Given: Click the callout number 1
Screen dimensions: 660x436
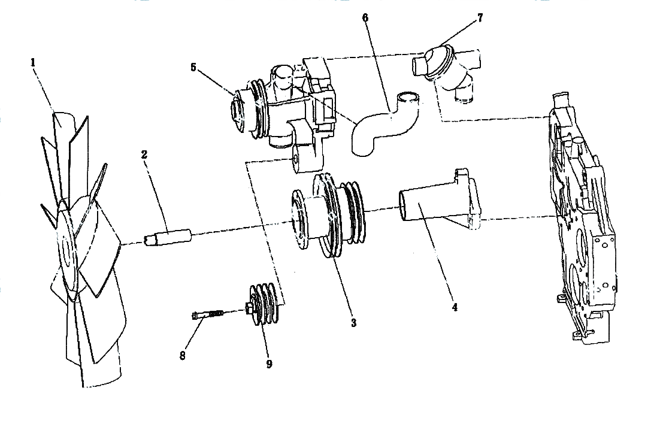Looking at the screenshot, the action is point(33,63).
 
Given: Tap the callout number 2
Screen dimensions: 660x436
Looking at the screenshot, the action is point(144,155).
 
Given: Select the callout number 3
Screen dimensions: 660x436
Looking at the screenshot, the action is point(353,323).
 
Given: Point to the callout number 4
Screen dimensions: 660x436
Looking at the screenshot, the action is point(455,307).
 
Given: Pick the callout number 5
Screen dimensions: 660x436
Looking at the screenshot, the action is point(193,67).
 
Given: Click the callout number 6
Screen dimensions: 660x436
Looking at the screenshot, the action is point(365,18).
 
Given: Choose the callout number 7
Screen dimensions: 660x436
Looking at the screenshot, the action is point(480,18).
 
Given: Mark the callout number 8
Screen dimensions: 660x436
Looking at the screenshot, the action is point(182,356).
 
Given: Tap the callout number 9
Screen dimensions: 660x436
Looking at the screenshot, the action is point(269,364).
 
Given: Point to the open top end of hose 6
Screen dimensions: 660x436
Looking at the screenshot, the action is point(409,98).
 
